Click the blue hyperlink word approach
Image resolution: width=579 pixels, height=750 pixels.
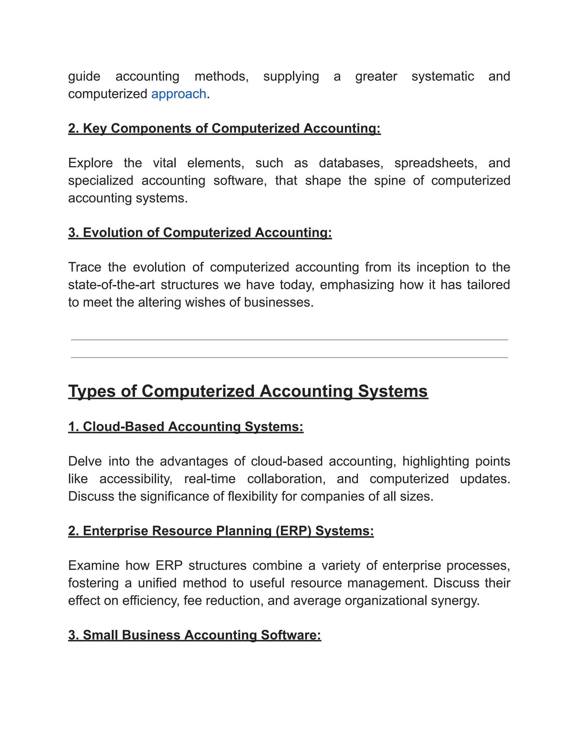(178, 94)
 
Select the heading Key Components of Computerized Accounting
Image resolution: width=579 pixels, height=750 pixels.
(224, 128)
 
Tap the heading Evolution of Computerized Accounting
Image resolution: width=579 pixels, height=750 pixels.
(200, 232)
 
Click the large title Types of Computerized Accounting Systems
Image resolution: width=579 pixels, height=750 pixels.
(248, 391)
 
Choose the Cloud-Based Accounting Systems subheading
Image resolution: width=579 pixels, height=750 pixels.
(185, 427)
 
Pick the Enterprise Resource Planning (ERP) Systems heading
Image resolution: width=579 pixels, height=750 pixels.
(221, 531)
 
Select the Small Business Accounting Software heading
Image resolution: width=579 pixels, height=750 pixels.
(195, 635)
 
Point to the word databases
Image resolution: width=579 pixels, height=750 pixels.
(351, 163)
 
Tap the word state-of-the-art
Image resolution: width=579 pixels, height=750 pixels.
(111, 285)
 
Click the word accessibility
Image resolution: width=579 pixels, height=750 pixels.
(136, 479)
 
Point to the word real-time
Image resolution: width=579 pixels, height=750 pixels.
(210, 479)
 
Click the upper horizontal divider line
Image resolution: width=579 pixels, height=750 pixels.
(289, 340)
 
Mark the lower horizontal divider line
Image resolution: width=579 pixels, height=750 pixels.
(289, 358)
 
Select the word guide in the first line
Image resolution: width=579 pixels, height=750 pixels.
(84, 76)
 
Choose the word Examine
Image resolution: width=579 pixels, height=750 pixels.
(93, 565)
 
